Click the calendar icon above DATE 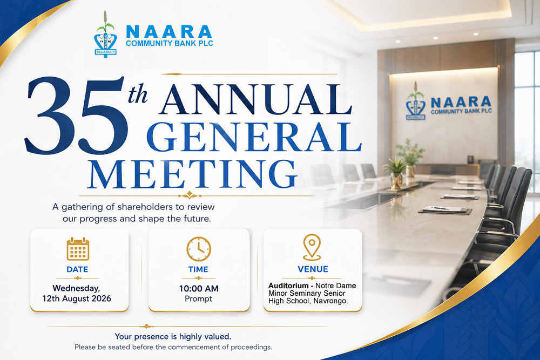coord(78,249)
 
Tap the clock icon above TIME coord(199,249)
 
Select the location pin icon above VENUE coord(312,247)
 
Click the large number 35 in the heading coord(76,115)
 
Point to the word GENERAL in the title coord(254,137)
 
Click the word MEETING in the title coord(192,174)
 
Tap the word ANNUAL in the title coord(255,99)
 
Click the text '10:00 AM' coord(199,288)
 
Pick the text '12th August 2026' coord(77,298)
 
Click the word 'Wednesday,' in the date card coord(77,288)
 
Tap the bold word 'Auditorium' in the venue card coord(288,286)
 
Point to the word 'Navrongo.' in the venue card coord(330,301)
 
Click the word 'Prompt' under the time coord(198,298)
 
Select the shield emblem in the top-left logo coord(105,44)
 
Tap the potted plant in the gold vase coord(396,172)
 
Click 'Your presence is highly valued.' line coord(173,336)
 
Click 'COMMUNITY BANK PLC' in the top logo coord(170,43)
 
